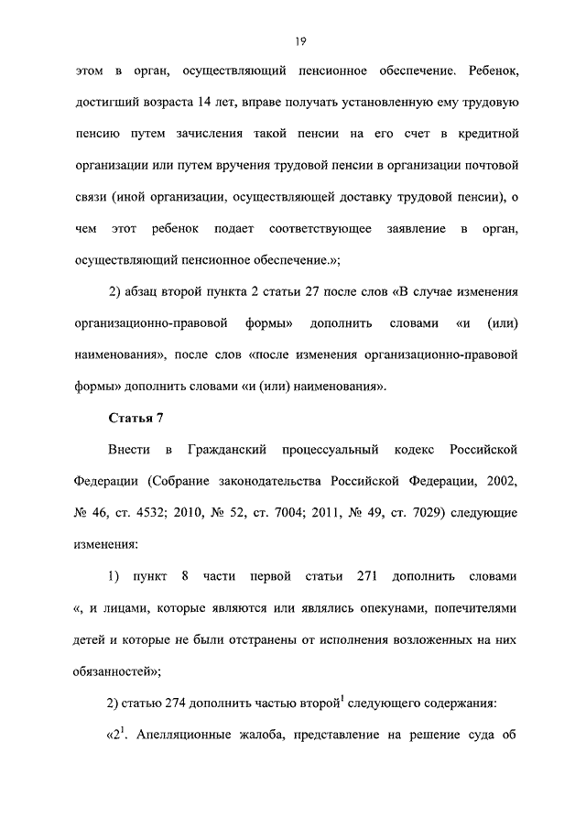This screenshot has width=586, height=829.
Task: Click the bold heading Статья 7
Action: [x=136, y=419]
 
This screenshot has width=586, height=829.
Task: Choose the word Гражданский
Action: [x=226, y=450]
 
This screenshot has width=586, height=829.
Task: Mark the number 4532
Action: [x=168, y=512]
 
